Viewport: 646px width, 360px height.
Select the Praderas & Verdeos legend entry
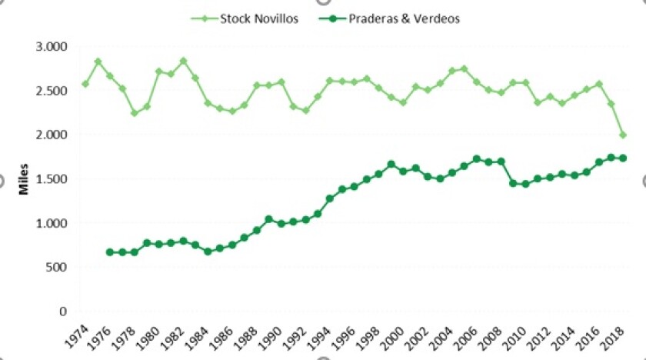tap(401, 18)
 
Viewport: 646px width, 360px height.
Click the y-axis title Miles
tap(24, 178)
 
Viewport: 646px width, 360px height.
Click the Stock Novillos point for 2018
tap(623, 135)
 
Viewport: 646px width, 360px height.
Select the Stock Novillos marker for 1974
tap(85, 84)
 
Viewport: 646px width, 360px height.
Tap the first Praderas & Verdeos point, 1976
tap(110, 252)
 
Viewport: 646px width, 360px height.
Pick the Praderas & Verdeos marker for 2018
tap(623, 158)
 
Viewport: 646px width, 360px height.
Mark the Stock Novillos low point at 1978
tap(135, 113)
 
